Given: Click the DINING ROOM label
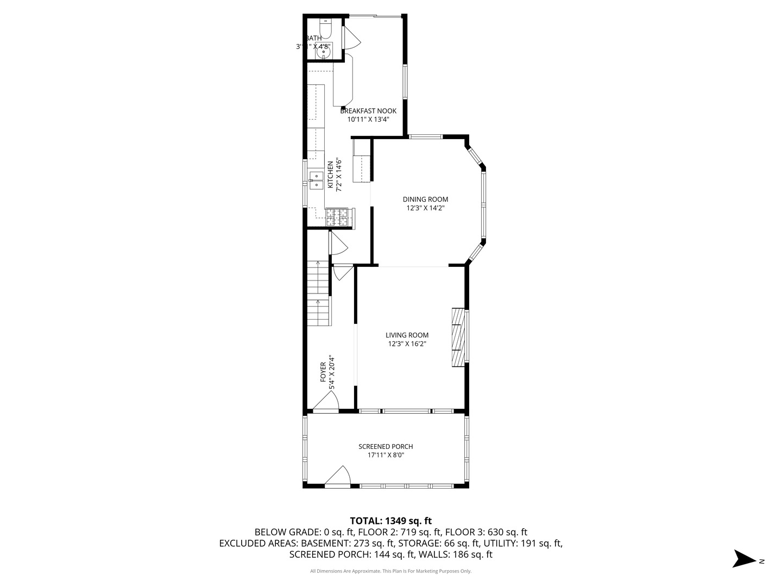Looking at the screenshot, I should click(425, 199).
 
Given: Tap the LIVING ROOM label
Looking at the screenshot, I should click(407, 335).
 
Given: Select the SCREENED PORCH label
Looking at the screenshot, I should click(386, 447).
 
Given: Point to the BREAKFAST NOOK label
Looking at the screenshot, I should click(368, 111).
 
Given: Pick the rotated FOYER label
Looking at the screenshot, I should click(323, 372).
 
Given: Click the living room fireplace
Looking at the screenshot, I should click(458, 337).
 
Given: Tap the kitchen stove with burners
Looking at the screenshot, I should click(338, 217).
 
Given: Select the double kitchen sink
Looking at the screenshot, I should click(316, 180).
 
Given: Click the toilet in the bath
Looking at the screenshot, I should click(325, 27).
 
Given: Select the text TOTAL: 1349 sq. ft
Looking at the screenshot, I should click(390, 521).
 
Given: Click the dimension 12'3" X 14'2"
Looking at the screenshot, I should click(425, 208).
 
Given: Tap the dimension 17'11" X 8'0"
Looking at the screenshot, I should click(386, 455).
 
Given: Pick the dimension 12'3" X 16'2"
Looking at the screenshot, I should click(407, 344).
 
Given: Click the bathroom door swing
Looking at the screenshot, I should click(351, 37).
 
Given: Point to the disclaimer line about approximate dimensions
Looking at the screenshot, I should click(390, 571).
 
